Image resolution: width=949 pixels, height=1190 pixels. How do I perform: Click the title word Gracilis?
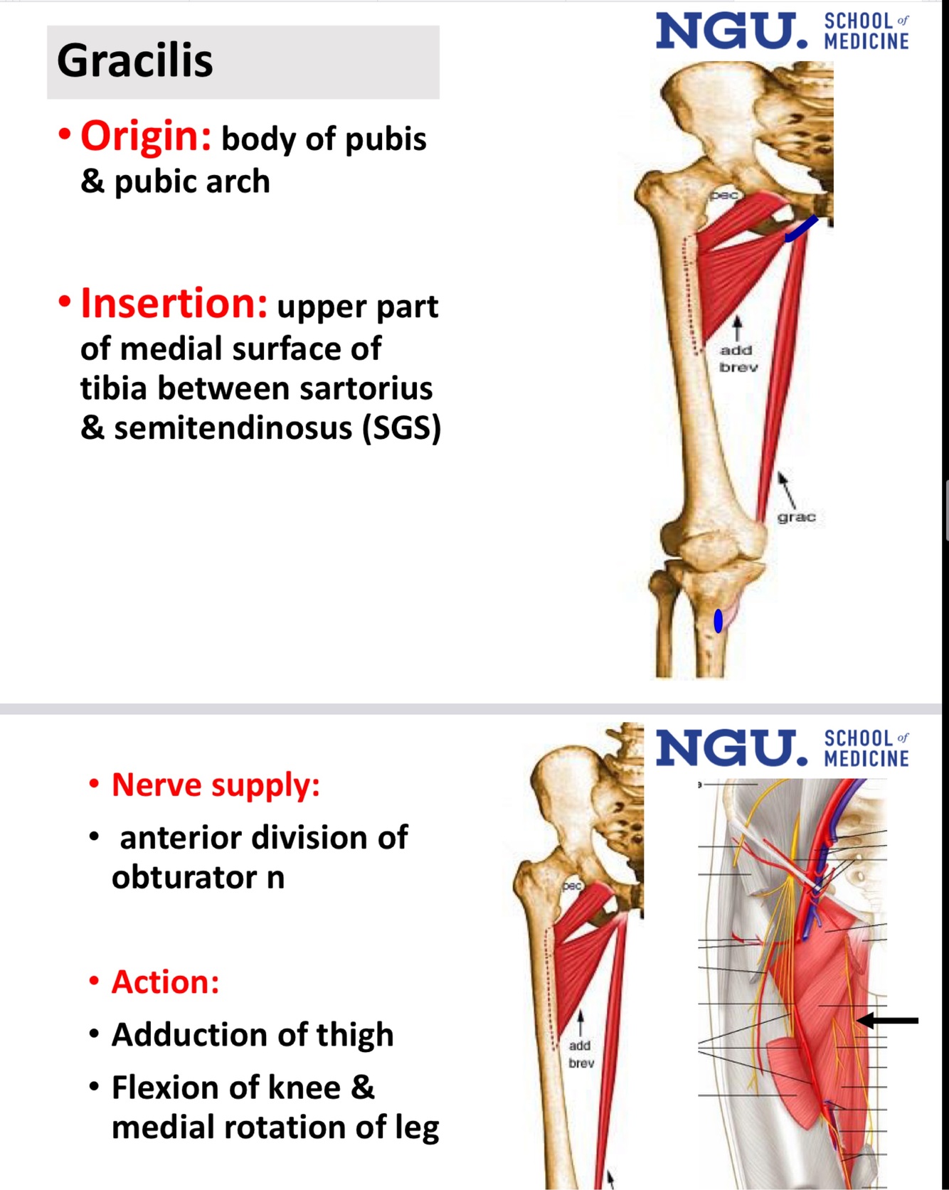(135, 61)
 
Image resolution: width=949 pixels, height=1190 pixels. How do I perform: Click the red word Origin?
(146, 136)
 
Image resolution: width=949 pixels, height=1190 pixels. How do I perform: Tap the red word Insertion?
(174, 304)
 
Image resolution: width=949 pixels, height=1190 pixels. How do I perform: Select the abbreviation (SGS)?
(401, 427)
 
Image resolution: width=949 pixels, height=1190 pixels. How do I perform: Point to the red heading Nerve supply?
(216, 785)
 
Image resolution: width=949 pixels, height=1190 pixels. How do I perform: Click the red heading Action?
(165, 982)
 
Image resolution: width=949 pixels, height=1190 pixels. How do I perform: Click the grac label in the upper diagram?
(796, 517)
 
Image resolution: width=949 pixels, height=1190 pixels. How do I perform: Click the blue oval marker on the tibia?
(719, 620)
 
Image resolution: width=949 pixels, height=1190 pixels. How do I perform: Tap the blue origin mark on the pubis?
(801, 229)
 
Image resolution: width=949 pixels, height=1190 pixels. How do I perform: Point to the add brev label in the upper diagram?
(738, 358)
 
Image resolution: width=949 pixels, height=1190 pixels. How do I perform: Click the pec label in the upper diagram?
(723, 195)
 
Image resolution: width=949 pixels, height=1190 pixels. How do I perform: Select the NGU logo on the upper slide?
(732, 32)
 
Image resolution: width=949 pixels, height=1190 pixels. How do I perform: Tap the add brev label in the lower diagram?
(580, 1054)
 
